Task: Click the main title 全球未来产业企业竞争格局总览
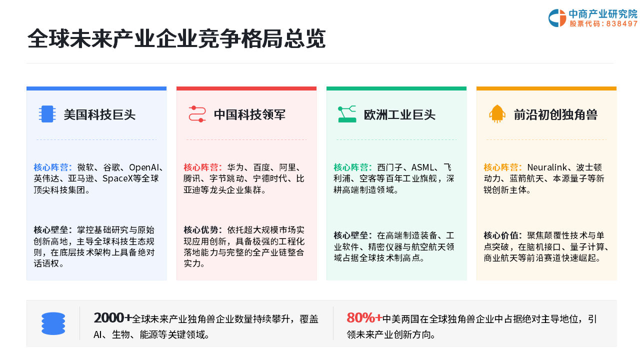click(x=176, y=38)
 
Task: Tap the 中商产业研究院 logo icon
click(x=557, y=18)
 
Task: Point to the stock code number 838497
click(x=622, y=23)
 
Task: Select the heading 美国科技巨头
click(x=99, y=114)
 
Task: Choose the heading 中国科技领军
click(x=249, y=114)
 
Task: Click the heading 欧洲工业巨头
click(x=399, y=114)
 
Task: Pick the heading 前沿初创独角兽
click(x=555, y=114)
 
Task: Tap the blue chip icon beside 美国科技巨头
click(x=47, y=114)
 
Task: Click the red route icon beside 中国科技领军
click(x=197, y=114)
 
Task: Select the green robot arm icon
click(x=347, y=114)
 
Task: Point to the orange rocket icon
click(x=497, y=114)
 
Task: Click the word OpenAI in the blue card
click(x=144, y=167)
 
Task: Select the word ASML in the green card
click(x=422, y=167)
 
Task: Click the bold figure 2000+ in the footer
click(x=112, y=317)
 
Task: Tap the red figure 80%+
click(x=364, y=317)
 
